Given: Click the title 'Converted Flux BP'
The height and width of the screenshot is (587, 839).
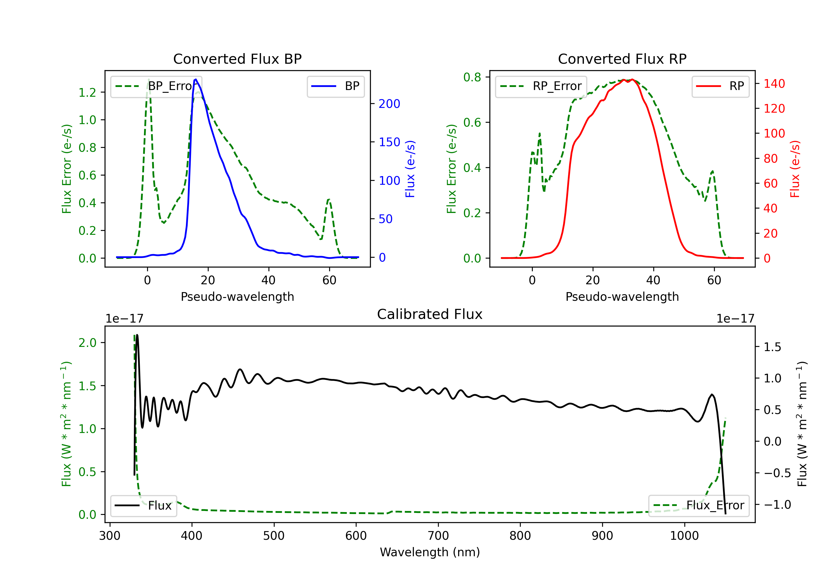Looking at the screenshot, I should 237,59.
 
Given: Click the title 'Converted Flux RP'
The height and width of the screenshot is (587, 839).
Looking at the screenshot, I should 622,59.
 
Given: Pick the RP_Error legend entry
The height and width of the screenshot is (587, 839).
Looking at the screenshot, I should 541,86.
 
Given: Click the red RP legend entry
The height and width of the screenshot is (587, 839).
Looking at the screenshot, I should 720,86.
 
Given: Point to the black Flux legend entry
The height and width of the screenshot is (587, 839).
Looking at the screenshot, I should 144,506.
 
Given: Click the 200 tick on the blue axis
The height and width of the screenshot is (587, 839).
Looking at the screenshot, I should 389,104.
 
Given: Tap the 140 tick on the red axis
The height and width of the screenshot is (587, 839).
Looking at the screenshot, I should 774,84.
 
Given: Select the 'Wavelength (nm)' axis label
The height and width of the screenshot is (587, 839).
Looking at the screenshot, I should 430,552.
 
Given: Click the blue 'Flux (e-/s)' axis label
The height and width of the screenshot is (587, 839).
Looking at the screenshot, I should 410,169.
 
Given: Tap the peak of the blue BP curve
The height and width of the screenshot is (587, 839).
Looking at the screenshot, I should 196,79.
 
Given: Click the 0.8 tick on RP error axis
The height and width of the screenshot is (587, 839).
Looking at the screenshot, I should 472,77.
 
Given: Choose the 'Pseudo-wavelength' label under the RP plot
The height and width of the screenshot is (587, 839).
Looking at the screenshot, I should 622,297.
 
